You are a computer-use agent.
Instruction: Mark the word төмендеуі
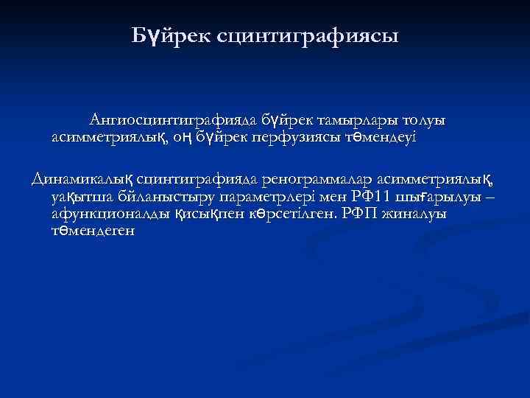[378, 137]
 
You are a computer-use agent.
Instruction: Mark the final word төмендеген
[94, 230]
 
